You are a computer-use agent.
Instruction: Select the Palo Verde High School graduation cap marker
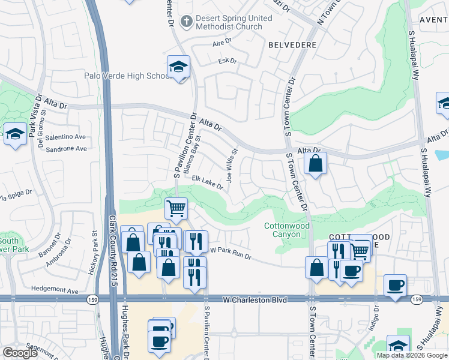178,67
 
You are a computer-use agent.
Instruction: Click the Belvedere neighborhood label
292,45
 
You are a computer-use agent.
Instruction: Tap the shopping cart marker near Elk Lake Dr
176,209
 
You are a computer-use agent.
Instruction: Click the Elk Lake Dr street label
207,182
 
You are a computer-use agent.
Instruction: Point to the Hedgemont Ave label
55,291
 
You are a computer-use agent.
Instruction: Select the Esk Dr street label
228,61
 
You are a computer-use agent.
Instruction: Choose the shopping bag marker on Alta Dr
315,163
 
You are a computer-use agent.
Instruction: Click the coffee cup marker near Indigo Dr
394,286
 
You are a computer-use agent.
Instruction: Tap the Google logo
20,353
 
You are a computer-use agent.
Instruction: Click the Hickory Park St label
94,252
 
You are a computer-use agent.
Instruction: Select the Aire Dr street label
222,44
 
